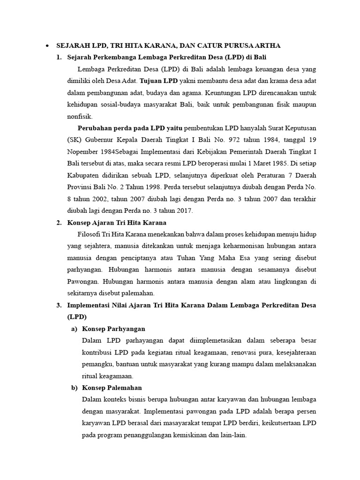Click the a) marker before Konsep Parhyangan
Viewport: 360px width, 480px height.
(74, 329)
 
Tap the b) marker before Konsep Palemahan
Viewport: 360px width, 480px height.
(74, 388)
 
